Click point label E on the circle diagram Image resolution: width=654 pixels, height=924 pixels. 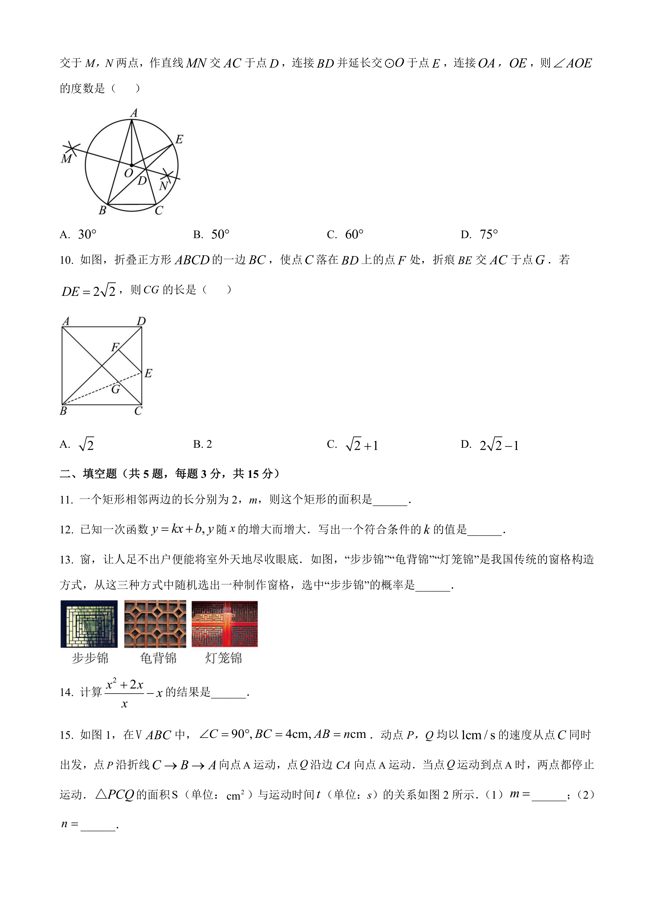(x=179, y=139)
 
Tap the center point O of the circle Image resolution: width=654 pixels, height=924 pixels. (x=132, y=165)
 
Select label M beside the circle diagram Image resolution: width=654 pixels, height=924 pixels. (x=66, y=159)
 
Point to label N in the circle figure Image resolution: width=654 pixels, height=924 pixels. (x=163, y=186)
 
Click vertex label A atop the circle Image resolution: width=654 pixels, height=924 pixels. (x=134, y=113)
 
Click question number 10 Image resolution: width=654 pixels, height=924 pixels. (x=66, y=260)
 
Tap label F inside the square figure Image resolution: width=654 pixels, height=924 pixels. (x=115, y=347)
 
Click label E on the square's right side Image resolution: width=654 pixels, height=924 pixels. (x=148, y=374)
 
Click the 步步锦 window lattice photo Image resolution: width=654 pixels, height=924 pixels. (x=89, y=624)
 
